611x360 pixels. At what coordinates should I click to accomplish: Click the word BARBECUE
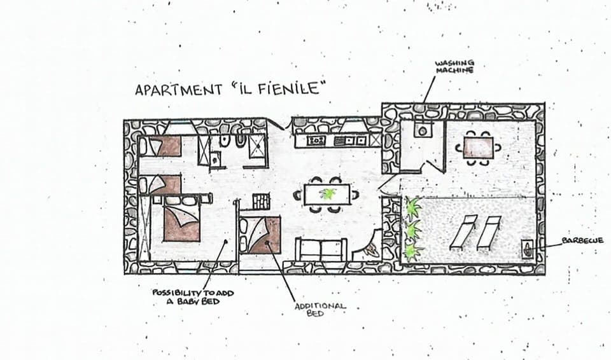(582, 241)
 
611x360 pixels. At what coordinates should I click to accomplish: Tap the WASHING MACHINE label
(454, 66)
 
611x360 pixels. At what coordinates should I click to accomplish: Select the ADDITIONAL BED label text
(320, 309)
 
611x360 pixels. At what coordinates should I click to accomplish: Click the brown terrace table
(478, 148)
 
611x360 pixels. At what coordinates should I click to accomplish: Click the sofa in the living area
(321, 249)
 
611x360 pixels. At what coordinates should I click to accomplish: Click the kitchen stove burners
(316, 140)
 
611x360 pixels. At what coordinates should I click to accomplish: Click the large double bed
(181, 219)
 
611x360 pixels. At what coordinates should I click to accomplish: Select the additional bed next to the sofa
(261, 235)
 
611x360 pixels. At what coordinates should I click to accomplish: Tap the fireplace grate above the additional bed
(262, 201)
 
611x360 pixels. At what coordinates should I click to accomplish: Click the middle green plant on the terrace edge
(413, 230)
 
